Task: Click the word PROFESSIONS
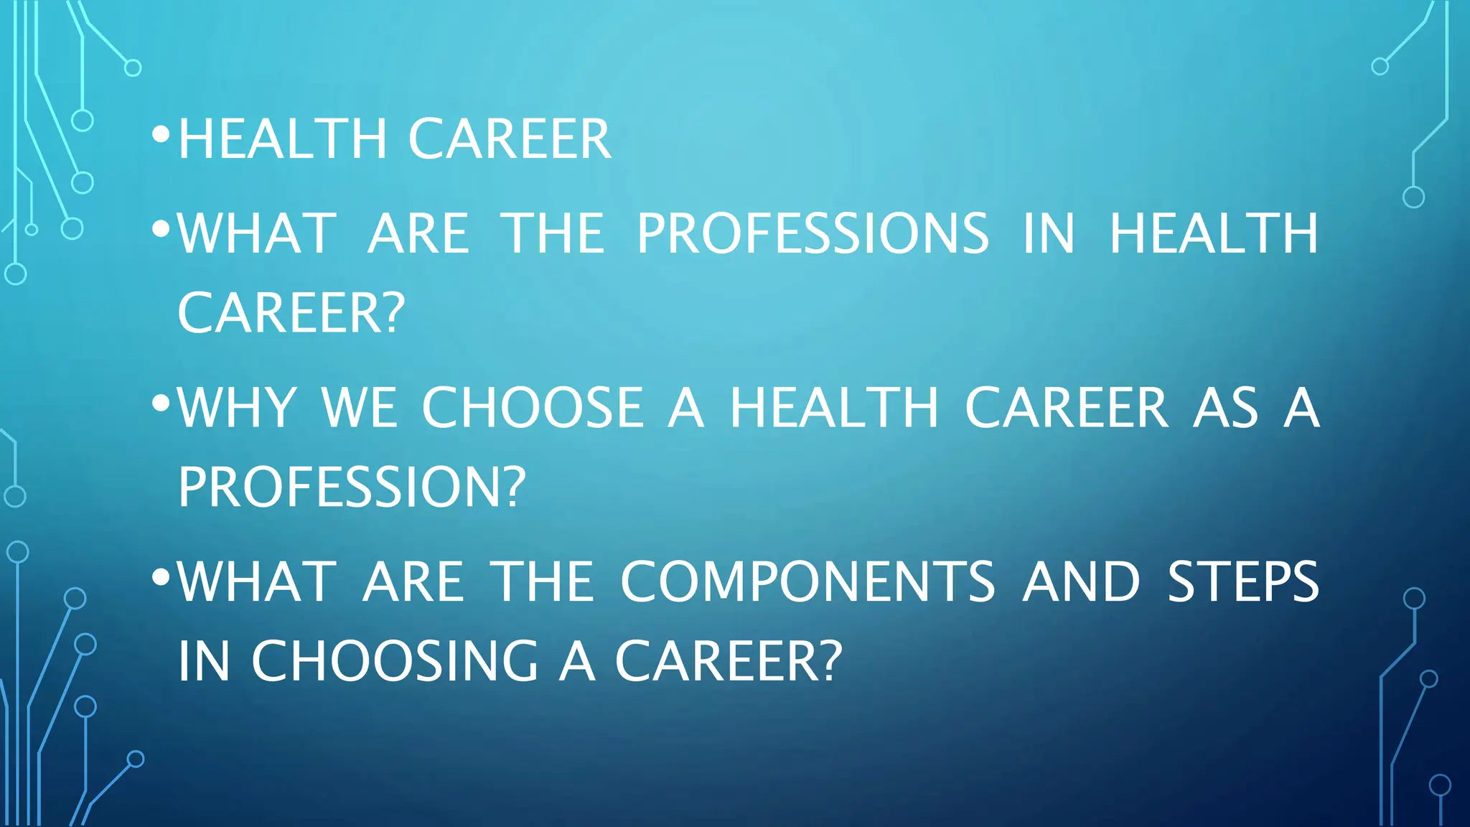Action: [x=813, y=233]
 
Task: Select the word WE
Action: [x=358, y=407]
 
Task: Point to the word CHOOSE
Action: [x=533, y=407]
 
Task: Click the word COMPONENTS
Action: [x=807, y=581]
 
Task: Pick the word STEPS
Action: [x=1243, y=581]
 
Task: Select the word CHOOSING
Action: [x=394, y=660]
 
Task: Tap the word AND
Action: [x=1082, y=581]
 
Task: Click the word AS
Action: [x=1225, y=407]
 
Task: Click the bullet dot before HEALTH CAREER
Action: [x=161, y=134]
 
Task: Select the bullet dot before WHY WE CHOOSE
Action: [x=161, y=403]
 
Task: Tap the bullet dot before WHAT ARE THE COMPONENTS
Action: [x=161, y=576]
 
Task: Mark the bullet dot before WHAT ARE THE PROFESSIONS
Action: [x=161, y=229]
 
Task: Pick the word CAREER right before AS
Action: [x=1066, y=407]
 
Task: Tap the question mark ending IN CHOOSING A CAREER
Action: [x=828, y=660]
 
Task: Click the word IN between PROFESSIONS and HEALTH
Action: [x=1049, y=233]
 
